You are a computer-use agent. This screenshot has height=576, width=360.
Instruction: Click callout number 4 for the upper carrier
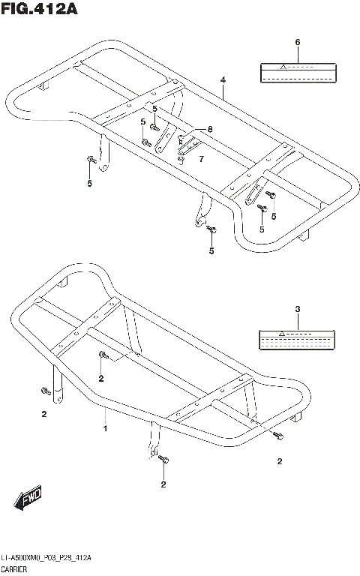pos(223,79)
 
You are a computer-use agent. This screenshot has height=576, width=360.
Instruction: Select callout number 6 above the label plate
pos(297,42)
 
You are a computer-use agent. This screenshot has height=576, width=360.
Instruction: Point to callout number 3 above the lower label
pos(297,309)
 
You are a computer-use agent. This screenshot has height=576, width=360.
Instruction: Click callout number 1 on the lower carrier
pos(105,428)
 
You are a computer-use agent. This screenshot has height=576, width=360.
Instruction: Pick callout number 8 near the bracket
pos(210,129)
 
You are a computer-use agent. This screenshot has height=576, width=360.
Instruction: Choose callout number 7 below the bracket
pos(200,159)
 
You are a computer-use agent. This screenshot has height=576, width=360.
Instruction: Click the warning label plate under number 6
pos(297,72)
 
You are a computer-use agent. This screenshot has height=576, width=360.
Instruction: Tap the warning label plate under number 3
pos(297,340)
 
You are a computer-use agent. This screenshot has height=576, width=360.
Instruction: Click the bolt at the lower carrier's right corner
pos(279,436)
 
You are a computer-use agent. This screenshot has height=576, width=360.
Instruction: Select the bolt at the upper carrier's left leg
pos(91,159)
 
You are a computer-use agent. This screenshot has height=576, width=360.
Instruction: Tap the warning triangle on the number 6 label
pos(283,67)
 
